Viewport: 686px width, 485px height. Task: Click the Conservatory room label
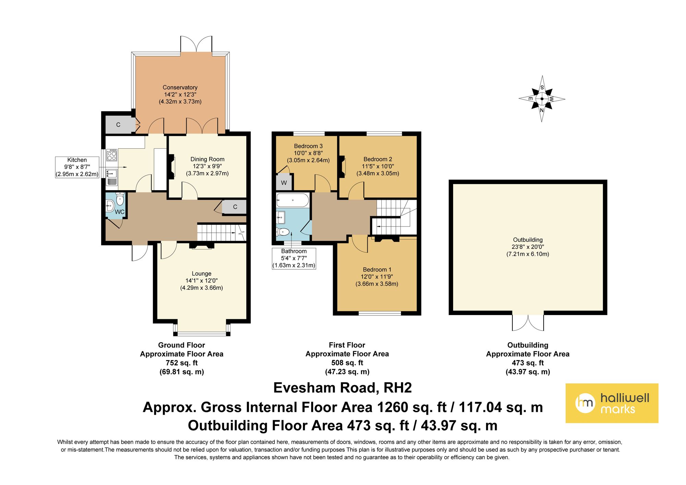pos(180,88)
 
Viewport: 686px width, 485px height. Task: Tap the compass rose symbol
pos(542,99)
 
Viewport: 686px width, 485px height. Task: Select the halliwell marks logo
pos(612,403)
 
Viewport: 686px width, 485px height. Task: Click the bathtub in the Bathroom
pos(293,200)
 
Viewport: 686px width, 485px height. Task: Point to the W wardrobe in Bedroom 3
pos(284,182)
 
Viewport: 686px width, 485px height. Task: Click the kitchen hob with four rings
pos(112,155)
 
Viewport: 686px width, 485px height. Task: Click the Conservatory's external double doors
pos(197,44)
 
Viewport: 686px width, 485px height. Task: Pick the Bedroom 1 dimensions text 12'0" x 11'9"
pos(377,277)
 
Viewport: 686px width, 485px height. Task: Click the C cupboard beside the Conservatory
pos(119,125)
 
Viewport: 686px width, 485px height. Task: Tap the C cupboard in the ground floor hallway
pos(234,207)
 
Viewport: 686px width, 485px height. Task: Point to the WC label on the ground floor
pos(119,212)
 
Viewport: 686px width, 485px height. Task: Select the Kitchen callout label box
pos(77,167)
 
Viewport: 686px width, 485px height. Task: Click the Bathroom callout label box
pos(294,258)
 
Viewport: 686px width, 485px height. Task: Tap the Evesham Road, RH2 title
pos(342,388)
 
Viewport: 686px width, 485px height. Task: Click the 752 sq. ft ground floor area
pos(182,363)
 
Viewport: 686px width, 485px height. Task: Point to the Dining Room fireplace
pos(171,167)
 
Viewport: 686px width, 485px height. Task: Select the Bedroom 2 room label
pos(378,159)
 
